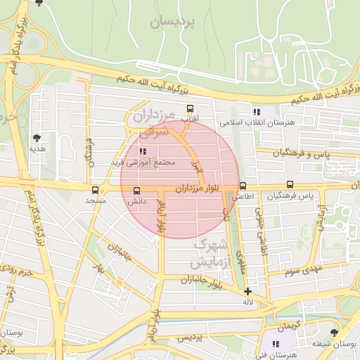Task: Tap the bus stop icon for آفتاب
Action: tap(190, 108)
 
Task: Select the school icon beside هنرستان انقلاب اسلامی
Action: tap(256, 112)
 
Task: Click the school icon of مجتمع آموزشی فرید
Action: tap(143, 151)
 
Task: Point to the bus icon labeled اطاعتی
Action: tap(243, 186)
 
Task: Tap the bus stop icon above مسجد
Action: tap(96, 190)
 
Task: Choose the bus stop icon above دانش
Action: tap(136, 190)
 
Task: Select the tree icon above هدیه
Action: tap(37, 138)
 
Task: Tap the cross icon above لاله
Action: tap(247, 290)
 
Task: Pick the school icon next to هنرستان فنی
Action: tap(276, 344)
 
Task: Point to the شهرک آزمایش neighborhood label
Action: tap(210, 254)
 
